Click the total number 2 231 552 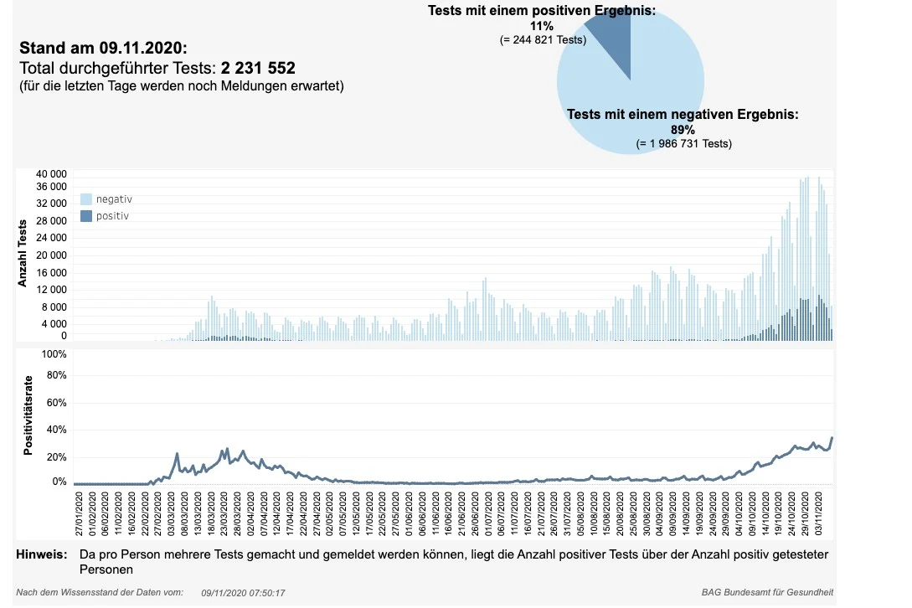[258, 68]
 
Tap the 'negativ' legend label [114, 199]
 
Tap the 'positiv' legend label [112, 216]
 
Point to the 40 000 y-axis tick [51, 174]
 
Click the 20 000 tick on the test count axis [51, 255]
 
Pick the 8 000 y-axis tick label [54, 307]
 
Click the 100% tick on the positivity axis [54, 354]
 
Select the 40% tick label [56, 430]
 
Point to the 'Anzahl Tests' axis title [23, 253]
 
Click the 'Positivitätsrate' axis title [28, 415]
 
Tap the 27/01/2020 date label [79, 513]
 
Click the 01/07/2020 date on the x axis [488, 513]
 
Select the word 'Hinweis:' [42, 554]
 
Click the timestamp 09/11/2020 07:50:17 [243, 593]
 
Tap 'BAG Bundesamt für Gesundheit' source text [767, 592]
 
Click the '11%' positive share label [542, 26]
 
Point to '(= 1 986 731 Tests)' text [684, 143]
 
